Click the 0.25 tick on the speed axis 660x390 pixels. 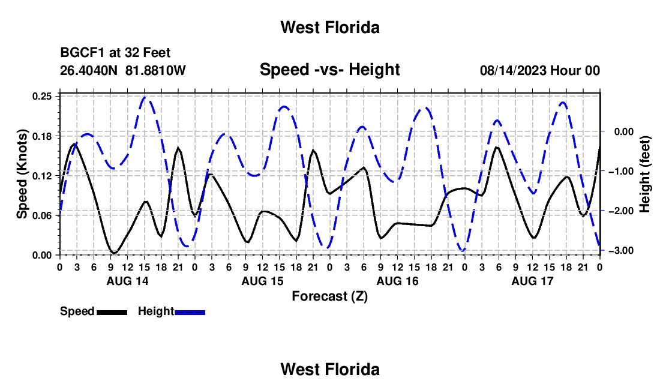click(41, 97)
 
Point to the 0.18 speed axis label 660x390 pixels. click(41, 136)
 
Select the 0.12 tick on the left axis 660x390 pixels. click(41, 176)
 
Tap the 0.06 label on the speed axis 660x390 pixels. click(41, 215)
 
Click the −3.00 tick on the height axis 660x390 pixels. click(621, 251)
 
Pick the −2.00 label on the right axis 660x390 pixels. click(621, 211)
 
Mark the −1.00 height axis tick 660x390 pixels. click(621, 171)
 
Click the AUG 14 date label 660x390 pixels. click(128, 281)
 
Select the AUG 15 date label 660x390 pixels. click(263, 281)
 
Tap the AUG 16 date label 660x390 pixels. click(398, 281)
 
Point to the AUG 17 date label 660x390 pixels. click(532, 281)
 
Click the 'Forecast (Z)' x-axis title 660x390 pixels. click(330, 296)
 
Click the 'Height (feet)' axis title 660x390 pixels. click(645, 174)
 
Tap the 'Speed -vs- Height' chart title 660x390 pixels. click(330, 70)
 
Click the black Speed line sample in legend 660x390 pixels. click(112, 312)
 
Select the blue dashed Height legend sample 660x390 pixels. click(190, 312)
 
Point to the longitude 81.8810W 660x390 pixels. click(155, 70)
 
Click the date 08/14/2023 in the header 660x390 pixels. click(513, 70)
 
